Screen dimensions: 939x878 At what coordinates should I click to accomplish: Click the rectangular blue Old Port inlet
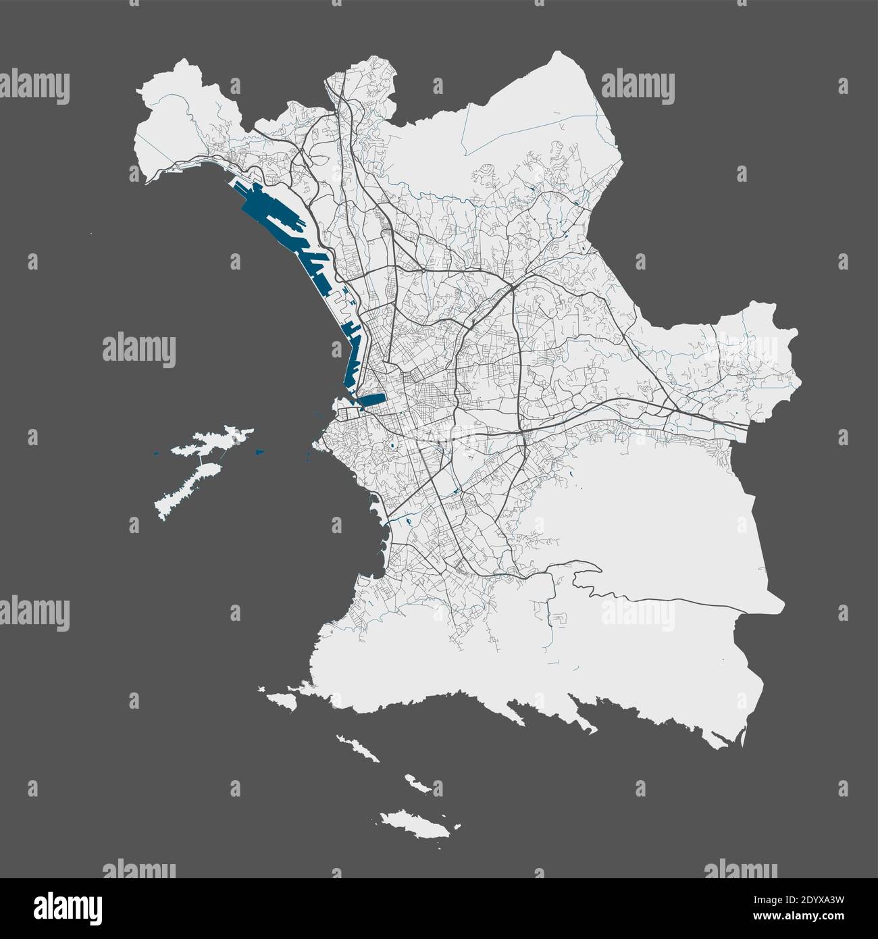point(371,400)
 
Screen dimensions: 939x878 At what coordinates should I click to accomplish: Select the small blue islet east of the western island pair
point(259,451)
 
